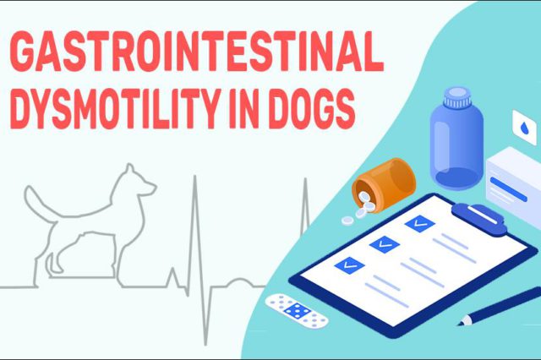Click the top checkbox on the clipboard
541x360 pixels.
pyautogui.click(x=418, y=223)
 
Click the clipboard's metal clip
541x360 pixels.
pyautogui.click(x=479, y=215)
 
